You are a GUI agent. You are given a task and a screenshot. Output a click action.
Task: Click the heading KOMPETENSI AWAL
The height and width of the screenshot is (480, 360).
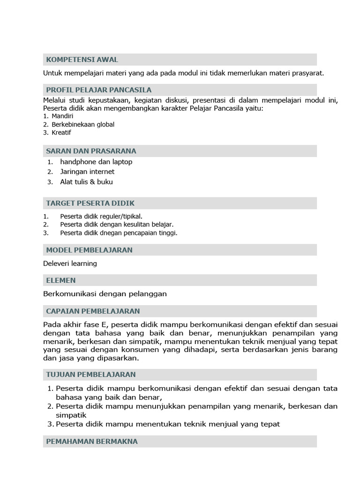point(82,60)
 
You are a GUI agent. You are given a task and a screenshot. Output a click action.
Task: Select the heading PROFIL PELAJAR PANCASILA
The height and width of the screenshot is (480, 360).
point(98,90)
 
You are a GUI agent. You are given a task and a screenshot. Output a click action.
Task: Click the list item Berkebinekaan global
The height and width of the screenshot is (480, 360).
point(83,124)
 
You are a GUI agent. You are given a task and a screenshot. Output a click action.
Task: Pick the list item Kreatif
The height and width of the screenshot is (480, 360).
point(61,133)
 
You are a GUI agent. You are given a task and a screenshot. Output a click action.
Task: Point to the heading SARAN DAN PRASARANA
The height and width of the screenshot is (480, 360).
point(91,151)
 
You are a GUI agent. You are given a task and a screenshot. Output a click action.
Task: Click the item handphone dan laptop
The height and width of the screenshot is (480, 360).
point(96,162)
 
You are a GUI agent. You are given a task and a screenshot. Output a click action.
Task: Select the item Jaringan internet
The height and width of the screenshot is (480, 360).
point(87,172)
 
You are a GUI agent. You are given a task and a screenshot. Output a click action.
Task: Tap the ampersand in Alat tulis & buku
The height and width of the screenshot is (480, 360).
point(92,182)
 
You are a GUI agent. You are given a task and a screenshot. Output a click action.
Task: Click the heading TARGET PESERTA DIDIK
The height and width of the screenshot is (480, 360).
point(90,203)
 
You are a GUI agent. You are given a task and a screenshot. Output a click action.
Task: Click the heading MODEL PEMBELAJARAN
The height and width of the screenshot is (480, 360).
point(89,250)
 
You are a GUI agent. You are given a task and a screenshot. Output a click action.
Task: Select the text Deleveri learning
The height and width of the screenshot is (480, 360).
point(70,263)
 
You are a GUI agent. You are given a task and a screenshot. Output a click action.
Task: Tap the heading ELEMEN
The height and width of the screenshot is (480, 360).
point(61,280)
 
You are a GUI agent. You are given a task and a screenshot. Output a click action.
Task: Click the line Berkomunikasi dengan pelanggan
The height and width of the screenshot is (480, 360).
point(105,294)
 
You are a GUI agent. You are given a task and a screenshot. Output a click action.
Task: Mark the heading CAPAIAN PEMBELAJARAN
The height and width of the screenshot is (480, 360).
point(93,311)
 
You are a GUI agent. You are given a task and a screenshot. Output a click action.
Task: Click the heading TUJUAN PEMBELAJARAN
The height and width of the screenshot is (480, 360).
point(91,375)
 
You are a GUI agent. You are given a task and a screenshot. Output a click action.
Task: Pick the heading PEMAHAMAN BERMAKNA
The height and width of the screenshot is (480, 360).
point(91,442)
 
